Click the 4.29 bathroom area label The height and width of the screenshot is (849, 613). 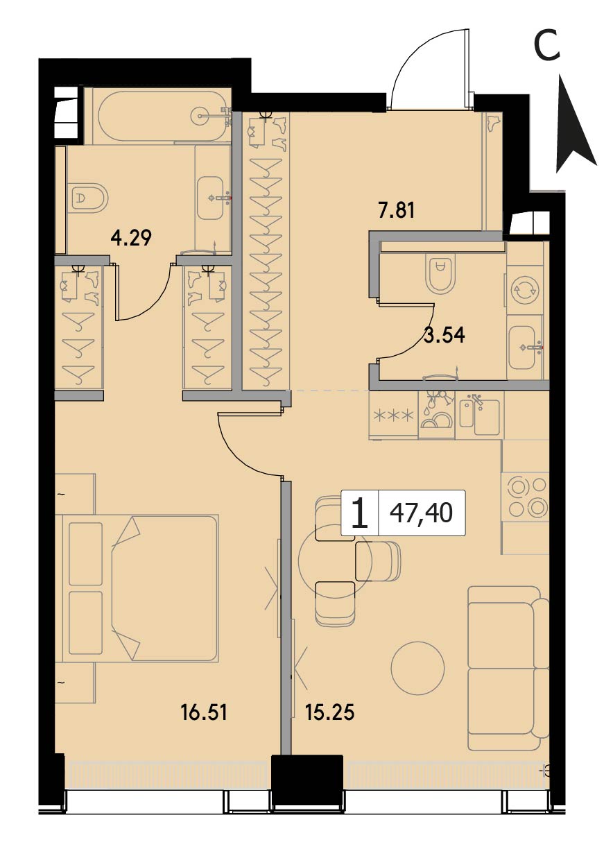(131, 239)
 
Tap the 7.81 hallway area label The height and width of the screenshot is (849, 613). (397, 211)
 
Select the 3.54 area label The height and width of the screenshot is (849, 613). (444, 335)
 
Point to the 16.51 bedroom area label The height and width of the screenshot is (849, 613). (204, 713)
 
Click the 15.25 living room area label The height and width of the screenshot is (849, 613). (330, 713)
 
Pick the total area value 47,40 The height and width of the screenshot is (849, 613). (422, 513)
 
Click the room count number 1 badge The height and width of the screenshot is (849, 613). (359, 513)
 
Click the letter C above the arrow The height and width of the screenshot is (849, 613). (546, 46)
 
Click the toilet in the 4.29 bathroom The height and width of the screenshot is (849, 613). (89, 198)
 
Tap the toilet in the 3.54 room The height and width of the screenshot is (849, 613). (440, 272)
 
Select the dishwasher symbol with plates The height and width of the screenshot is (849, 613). (436, 415)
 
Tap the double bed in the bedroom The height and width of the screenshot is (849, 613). (141, 581)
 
